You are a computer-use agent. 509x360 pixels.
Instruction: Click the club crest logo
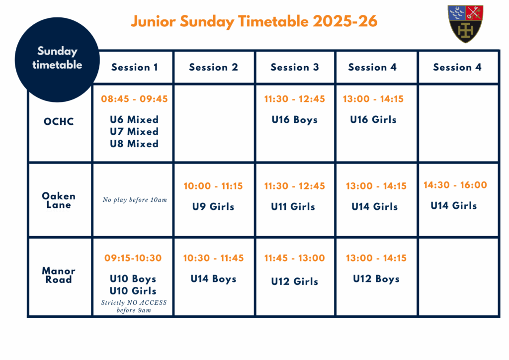click(x=465, y=24)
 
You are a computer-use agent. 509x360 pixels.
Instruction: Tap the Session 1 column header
click(x=134, y=67)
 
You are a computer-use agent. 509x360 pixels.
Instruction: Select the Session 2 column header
click(x=213, y=67)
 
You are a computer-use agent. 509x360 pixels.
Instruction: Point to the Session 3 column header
click(x=295, y=67)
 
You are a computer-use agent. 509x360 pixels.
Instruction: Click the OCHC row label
click(x=59, y=121)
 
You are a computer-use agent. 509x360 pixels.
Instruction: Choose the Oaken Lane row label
click(x=59, y=200)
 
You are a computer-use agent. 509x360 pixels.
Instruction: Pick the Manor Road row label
click(x=59, y=275)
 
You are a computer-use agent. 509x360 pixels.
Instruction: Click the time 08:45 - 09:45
click(x=134, y=98)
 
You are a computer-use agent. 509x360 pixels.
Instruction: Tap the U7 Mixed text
click(x=134, y=131)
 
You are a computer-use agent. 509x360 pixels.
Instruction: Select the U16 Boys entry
click(x=295, y=120)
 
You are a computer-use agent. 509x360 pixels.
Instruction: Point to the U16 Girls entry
click(x=373, y=119)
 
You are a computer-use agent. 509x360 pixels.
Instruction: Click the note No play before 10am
click(x=135, y=199)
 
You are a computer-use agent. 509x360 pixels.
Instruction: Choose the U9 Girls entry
click(x=213, y=206)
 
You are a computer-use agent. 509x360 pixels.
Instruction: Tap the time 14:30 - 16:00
click(x=455, y=185)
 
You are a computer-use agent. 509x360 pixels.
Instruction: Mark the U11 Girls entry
click(x=293, y=206)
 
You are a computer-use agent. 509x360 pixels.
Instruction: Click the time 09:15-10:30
click(x=133, y=258)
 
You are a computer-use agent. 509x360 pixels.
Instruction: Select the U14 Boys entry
click(x=213, y=279)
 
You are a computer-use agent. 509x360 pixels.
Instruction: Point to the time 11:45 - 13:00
click(x=294, y=258)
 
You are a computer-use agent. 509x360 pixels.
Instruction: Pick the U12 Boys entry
click(x=376, y=279)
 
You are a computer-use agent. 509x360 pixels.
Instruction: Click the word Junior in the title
click(x=153, y=21)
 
